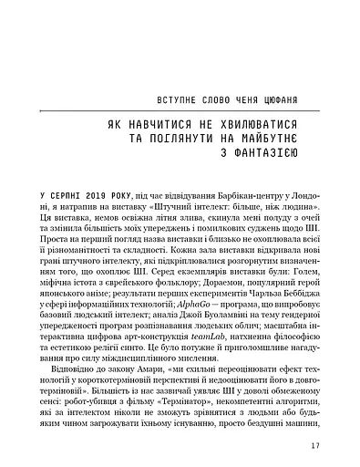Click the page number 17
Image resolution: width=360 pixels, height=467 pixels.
(x=314, y=446)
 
